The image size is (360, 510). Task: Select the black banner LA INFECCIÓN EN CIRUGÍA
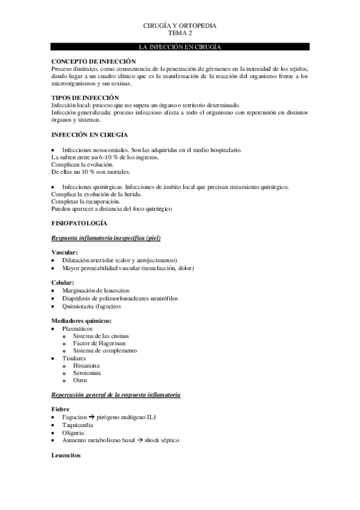click(x=180, y=46)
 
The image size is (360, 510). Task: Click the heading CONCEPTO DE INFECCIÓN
click(x=93, y=61)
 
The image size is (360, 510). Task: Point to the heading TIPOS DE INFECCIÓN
click(x=85, y=97)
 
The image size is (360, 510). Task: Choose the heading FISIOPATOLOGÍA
click(x=80, y=223)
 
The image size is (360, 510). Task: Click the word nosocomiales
click(x=109, y=149)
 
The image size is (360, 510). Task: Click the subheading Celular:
click(x=63, y=282)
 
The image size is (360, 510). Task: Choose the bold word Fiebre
click(x=61, y=409)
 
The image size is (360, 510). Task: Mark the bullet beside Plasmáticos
click(x=54, y=328)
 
